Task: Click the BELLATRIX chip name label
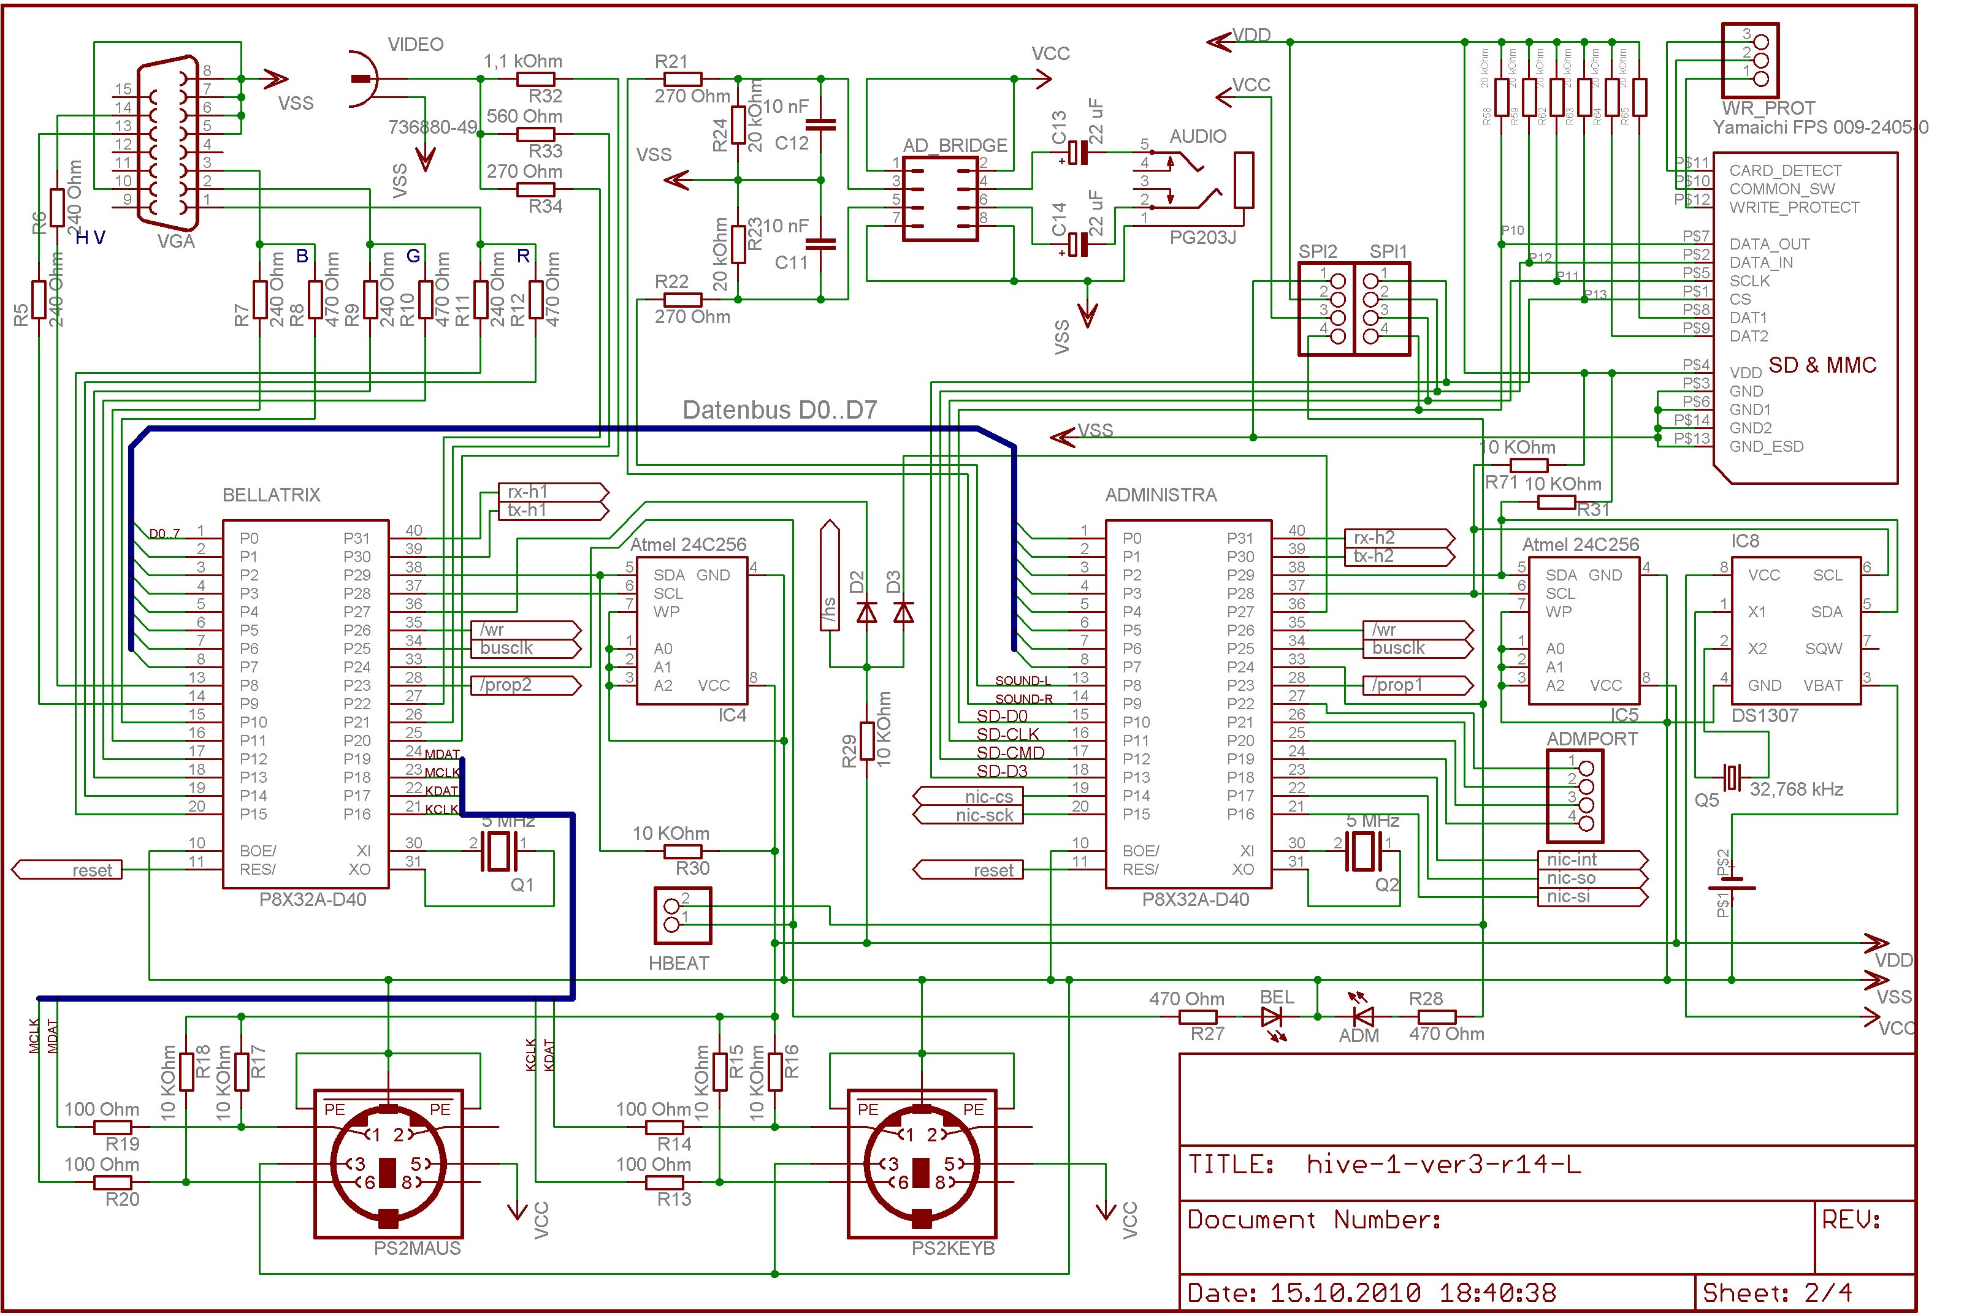[271, 495]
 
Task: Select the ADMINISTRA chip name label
[1161, 495]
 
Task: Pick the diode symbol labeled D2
[867, 612]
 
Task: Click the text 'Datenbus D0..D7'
[779, 410]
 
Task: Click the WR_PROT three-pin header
[1750, 60]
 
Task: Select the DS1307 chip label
[1765, 716]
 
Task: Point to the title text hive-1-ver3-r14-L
[1443, 1164]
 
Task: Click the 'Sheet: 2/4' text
[1776, 1292]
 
